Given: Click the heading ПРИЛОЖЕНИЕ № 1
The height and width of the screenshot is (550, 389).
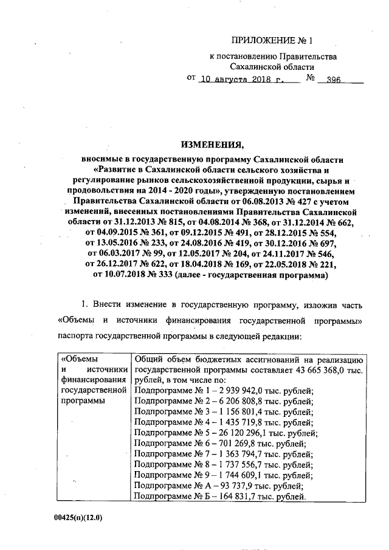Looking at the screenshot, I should tap(272, 41).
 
